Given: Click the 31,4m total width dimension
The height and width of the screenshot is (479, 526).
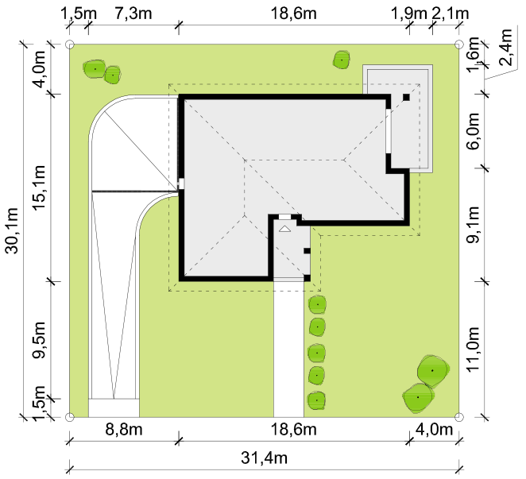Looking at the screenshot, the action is pyautogui.click(x=264, y=458).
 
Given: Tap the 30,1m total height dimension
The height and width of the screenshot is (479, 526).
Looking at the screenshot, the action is pyautogui.click(x=13, y=231).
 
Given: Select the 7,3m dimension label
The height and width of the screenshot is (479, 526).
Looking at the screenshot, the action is pyautogui.click(x=133, y=14).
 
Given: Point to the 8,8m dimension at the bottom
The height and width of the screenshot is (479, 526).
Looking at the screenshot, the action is pyautogui.click(x=124, y=429).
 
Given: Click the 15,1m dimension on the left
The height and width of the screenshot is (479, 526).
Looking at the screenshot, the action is pyautogui.click(x=39, y=187).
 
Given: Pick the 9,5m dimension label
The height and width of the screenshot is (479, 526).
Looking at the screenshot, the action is pyautogui.click(x=39, y=340).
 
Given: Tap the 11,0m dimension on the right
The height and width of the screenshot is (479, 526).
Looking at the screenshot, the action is pyautogui.click(x=474, y=349).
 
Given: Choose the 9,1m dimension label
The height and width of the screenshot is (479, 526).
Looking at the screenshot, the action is pyautogui.click(x=474, y=225).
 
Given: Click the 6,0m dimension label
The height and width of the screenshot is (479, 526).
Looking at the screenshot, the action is pyautogui.click(x=474, y=131).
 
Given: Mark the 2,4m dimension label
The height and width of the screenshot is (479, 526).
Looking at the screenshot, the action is pyautogui.click(x=505, y=48).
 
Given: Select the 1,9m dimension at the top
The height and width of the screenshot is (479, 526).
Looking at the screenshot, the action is pyautogui.click(x=409, y=14).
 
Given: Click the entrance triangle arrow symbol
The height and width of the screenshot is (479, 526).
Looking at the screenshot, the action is pyautogui.click(x=284, y=229).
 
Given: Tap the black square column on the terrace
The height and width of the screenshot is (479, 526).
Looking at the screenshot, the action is pyautogui.click(x=406, y=97).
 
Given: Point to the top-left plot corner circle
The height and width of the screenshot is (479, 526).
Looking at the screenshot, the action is pyautogui.click(x=69, y=44).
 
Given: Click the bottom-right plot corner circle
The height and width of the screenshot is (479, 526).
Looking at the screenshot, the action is pyautogui.click(x=459, y=417).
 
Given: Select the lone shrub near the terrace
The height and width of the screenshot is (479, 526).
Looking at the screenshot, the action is pyautogui.click(x=342, y=60).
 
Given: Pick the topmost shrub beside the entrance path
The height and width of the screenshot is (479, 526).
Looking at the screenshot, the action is pyautogui.click(x=317, y=304).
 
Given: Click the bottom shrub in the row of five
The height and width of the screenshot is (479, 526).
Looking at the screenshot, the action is pyautogui.click(x=317, y=400).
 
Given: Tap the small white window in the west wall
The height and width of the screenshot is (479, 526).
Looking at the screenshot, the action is pyautogui.click(x=181, y=183).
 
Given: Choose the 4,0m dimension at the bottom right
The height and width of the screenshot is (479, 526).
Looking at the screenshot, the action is pyautogui.click(x=434, y=429).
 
